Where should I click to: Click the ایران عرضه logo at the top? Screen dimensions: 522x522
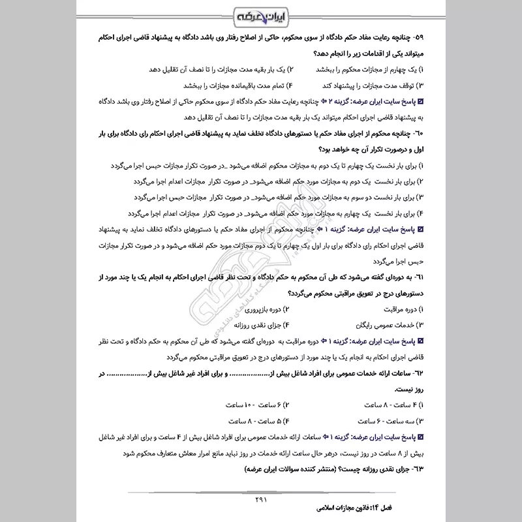click(x=261, y=15)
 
